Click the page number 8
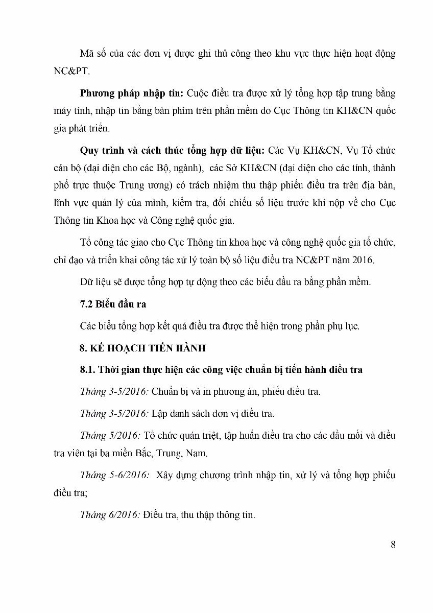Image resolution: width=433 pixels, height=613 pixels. tap(393, 544)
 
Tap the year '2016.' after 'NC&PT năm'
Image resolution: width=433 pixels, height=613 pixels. tap(362, 260)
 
